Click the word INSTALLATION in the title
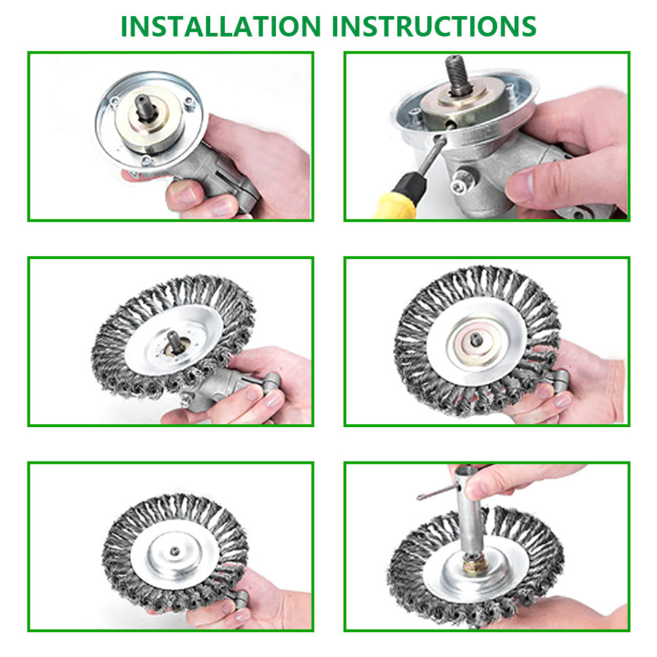pyautogui.click(x=220, y=26)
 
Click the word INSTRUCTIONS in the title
pyautogui.click(x=434, y=26)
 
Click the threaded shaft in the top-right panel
pyautogui.click(x=459, y=74)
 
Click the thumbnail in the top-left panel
pyautogui.click(x=185, y=196)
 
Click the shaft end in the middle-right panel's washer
pyautogui.click(x=475, y=339)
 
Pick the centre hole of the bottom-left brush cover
pyautogui.click(x=174, y=551)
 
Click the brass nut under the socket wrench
pyautogui.click(x=474, y=564)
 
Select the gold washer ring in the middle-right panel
pyautogui.click(x=475, y=340)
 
